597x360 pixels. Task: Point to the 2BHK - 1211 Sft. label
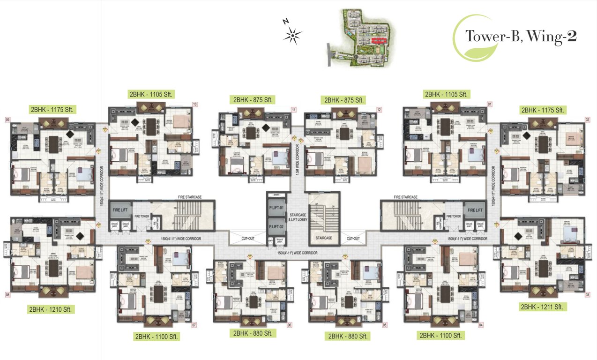544,307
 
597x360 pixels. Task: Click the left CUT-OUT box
248,238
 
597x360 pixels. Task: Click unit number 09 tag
7,120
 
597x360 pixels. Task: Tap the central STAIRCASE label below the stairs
324,238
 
